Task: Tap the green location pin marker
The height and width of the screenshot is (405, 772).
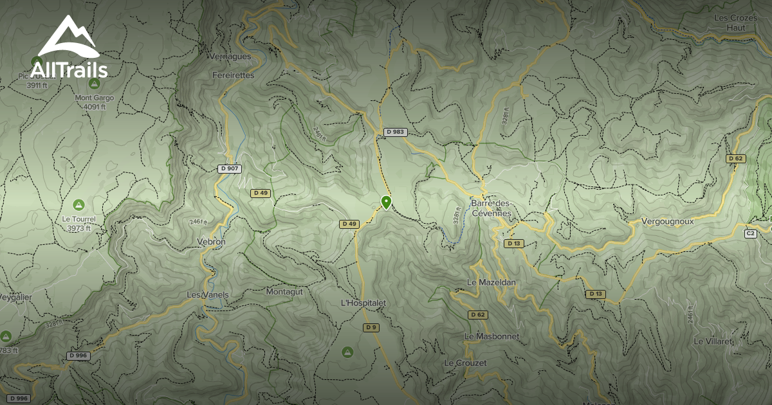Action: [x=386, y=203]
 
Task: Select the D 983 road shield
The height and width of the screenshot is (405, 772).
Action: [x=396, y=132]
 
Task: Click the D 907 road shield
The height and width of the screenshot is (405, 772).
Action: [x=230, y=168]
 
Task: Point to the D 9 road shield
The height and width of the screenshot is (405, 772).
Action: [x=371, y=327]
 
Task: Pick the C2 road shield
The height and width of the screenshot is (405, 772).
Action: [x=750, y=233]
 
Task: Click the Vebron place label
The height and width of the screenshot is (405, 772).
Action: [x=212, y=242]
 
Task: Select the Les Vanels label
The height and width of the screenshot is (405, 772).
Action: [x=207, y=294]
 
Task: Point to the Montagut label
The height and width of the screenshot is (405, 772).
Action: [x=284, y=291]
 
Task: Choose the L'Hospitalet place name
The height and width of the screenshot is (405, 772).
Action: [x=363, y=302]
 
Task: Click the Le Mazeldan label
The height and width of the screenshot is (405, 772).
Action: [x=492, y=282]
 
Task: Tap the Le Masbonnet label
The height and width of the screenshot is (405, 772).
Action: [x=492, y=336]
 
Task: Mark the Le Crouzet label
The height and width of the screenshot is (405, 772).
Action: [x=465, y=363]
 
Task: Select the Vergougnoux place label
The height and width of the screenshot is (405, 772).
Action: [x=668, y=221]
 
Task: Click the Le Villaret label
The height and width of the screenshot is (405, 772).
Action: [x=713, y=341]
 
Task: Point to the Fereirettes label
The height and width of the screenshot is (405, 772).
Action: [x=233, y=75]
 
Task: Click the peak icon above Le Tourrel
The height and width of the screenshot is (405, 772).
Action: [x=78, y=204]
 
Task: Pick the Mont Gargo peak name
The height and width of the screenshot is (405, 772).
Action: [x=94, y=98]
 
